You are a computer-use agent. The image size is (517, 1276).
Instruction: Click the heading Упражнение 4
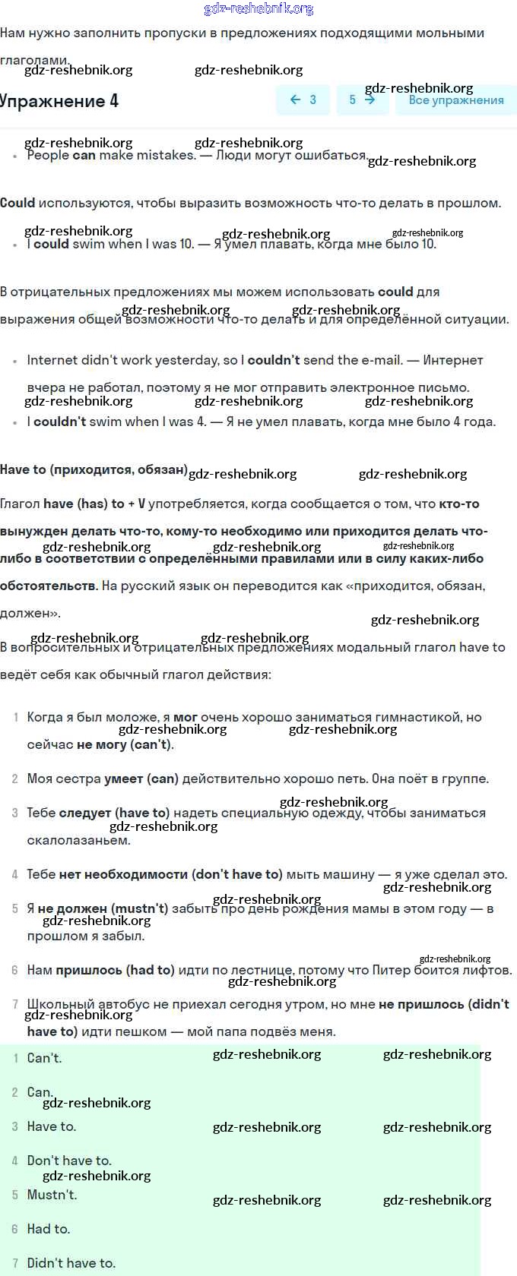tap(59, 101)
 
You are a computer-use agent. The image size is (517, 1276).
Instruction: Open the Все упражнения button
tap(455, 100)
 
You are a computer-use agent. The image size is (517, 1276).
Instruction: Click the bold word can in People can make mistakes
tap(84, 155)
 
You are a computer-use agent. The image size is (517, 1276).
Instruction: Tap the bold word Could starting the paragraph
tap(17, 203)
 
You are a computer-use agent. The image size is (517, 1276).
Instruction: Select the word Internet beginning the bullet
tap(52, 360)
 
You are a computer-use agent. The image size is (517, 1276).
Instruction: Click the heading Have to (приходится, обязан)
tap(94, 469)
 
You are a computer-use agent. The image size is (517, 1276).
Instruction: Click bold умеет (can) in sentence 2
tap(141, 779)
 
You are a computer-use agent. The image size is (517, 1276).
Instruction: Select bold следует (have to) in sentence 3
tap(114, 813)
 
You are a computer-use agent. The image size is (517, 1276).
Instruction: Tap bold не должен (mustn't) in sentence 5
tap(103, 908)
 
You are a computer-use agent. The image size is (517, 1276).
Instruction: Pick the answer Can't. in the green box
tap(44, 1058)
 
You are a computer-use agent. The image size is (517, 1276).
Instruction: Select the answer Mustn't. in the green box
tap(52, 1195)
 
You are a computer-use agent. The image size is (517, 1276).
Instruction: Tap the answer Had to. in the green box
tap(48, 1229)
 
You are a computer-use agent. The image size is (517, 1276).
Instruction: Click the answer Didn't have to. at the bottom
tap(71, 1263)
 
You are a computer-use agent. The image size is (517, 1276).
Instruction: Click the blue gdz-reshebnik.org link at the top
tap(258, 8)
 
